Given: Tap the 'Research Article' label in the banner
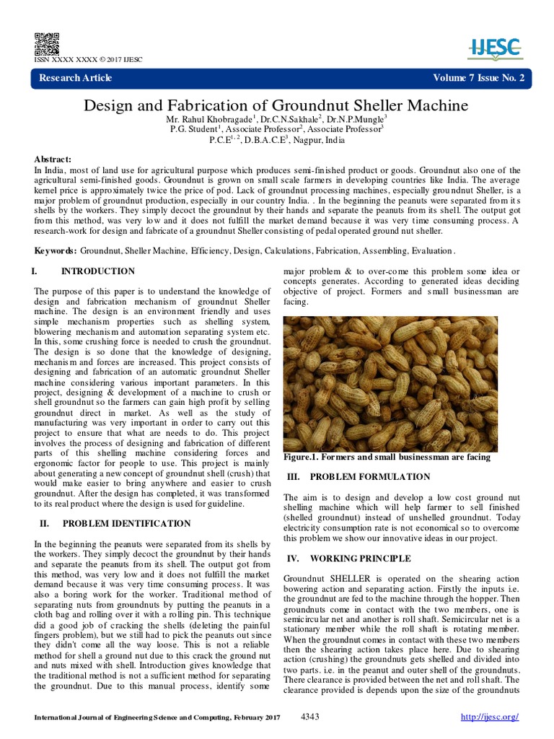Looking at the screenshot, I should click(73, 78).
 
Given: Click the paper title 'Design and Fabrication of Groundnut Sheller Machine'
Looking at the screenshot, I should click(276, 105).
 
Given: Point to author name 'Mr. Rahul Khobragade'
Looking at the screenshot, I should click(210, 119).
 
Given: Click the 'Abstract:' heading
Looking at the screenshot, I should click(53, 159).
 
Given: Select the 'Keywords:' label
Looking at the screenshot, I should click(56, 250).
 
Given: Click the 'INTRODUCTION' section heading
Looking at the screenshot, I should click(97, 271).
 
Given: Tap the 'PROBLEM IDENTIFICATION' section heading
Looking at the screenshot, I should click(126, 523).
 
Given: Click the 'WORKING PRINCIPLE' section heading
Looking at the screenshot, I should click(360, 559).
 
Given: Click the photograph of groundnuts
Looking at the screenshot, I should click(390, 384).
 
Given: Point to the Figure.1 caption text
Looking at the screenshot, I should click(387, 457).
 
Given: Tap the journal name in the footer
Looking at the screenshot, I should click(156, 717).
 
